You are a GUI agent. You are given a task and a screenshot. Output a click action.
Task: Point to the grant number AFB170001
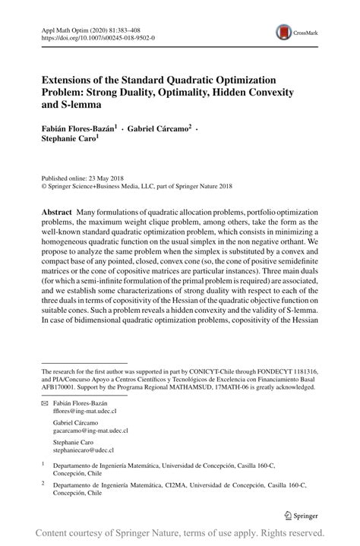tap(60, 385)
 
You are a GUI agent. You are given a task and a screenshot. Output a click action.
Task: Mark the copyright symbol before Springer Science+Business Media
tap(43, 185)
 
